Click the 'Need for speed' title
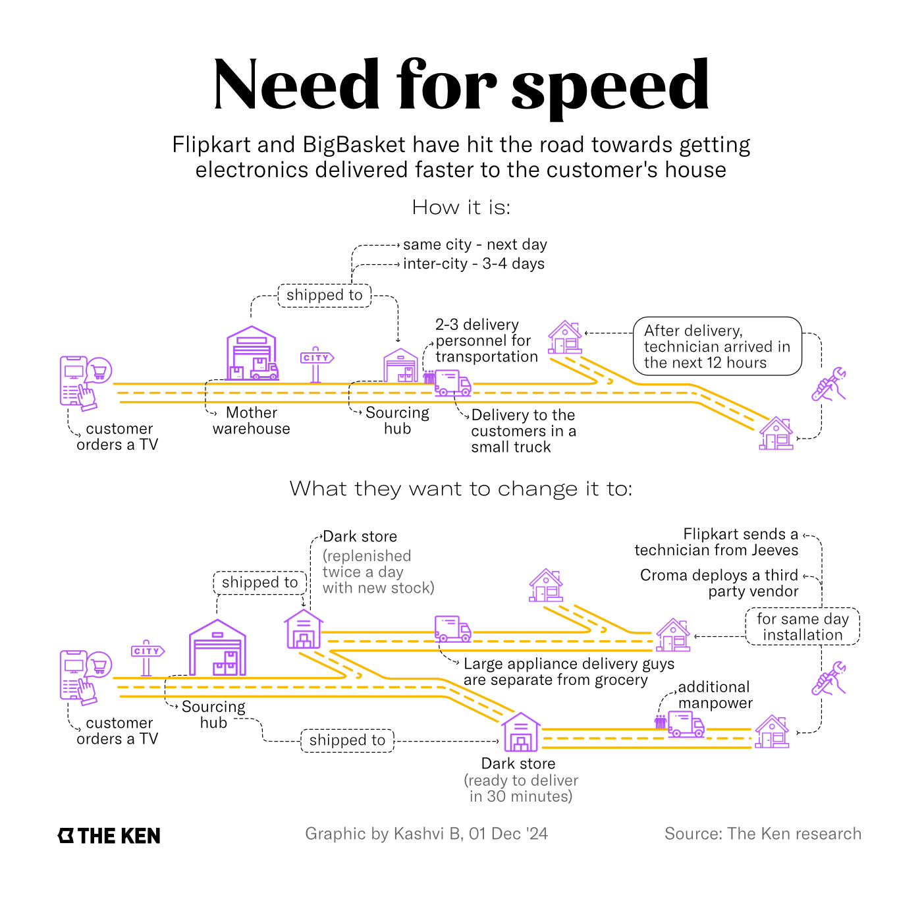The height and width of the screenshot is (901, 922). [461, 86]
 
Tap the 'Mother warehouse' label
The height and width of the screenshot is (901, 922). [252, 421]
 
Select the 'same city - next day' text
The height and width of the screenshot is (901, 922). [475, 245]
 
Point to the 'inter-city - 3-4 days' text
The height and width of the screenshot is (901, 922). [474, 264]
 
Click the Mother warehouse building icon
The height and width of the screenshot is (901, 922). [251, 354]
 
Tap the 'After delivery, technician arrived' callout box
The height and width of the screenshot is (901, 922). [717, 346]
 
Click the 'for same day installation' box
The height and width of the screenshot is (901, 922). [802, 627]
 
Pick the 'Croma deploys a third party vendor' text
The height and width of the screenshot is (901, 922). [719, 584]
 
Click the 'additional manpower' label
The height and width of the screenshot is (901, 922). [715, 696]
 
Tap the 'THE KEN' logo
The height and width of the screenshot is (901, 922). [109, 836]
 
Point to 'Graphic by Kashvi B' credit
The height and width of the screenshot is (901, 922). [426, 834]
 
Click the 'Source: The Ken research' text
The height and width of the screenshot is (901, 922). [763, 834]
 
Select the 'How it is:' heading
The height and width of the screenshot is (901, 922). [461, 207]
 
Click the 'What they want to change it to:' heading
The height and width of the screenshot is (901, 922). [461, 489]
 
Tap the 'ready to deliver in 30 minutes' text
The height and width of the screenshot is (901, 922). [521, 788]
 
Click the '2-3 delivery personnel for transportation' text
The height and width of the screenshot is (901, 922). [486, 341]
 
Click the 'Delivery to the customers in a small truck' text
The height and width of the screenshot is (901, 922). [523, 431]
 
